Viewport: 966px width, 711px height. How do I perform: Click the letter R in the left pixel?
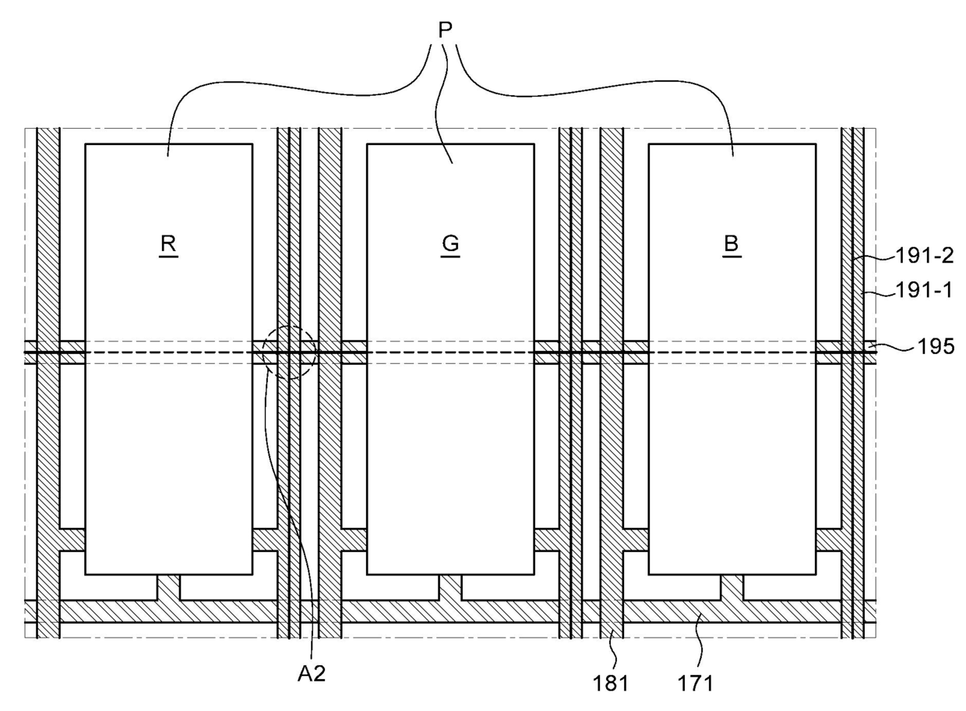[x=168, y=243]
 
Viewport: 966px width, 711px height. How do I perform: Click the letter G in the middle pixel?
[x=450, y=243]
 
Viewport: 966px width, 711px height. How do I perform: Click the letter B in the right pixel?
[x=732, y=243]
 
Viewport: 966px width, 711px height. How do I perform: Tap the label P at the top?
[x=445, y=31]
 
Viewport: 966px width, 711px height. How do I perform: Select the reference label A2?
[x=312, y=674]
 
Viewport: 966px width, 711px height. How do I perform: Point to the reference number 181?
[x=612, y=683]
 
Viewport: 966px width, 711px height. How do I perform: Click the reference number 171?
[x=696, y=683]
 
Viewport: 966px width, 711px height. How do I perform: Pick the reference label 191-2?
[x=920, y=256]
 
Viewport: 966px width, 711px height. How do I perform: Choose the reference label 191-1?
[x=920, y=290]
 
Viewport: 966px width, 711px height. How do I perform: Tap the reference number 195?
[x=936, y=345]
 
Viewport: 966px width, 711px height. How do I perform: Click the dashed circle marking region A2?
[x=289, y=352]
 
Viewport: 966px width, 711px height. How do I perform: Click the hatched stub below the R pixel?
[x=168, y=587]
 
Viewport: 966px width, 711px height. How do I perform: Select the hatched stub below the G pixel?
[x=450, y=587]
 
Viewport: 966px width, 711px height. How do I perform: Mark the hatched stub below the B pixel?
[x=732, y=587]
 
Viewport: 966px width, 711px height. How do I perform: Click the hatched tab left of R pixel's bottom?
[x=72, y=539]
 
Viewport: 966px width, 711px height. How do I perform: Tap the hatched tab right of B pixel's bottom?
[x=829, y=539]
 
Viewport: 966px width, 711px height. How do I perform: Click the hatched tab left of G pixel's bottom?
[x=354, y=539]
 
